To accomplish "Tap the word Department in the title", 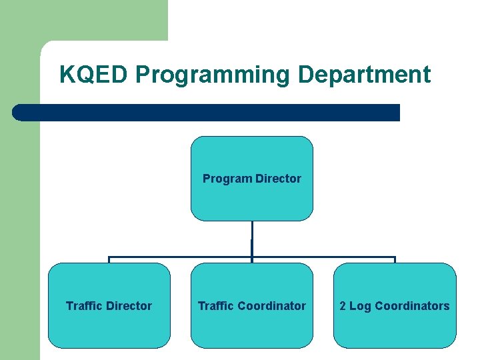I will [364, 75].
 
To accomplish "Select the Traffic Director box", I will [109, 327].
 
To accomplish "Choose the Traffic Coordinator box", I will [251, 327].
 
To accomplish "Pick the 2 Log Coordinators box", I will [395, 327].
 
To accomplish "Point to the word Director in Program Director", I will [278, 179].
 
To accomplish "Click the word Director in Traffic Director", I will [129, 306].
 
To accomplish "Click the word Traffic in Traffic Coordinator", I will [216, 306].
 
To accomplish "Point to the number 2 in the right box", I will [343, 306].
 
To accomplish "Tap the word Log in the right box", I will [360, 306].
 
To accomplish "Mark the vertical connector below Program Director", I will [251, 238].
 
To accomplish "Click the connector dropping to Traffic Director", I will [109, 260].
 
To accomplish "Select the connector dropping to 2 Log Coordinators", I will [395, 260].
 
